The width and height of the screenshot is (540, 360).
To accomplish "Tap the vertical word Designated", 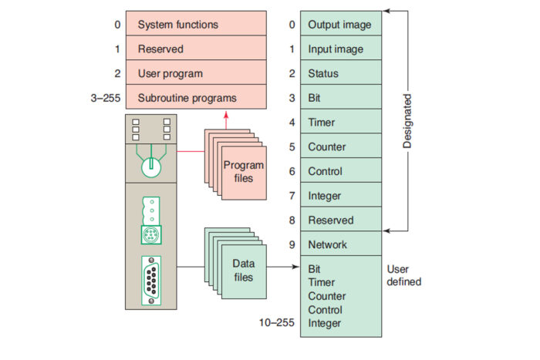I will pyautogui.click(x=407, y=121).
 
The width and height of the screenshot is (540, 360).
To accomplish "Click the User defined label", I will pyautogui.click(x=403, y=275).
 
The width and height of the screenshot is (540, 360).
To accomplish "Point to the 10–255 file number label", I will pyautogui.click(x=277, y=323).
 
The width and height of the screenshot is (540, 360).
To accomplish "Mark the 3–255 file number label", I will pyautogui.click(x=106, y=98).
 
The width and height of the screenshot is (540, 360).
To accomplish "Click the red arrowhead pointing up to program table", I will pyautogui.click(x=226, y=116).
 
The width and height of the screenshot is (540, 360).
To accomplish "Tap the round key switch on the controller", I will pyautogui.click(x=151, y=163).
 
